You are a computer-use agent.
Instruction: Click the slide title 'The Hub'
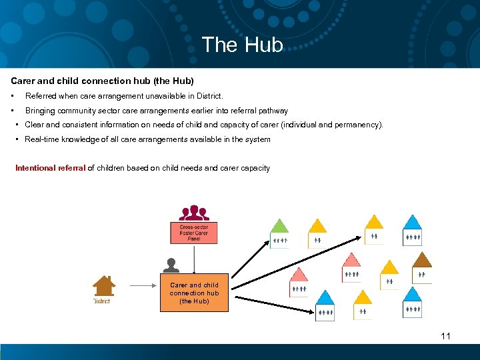pos(242,45)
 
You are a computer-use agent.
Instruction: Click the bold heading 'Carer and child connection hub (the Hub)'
pos(102,81)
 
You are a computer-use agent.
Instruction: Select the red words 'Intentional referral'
pos(51,168)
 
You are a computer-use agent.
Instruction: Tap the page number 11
pos(445,336)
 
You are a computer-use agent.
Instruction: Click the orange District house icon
pos(103,285)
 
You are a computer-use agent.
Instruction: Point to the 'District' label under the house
pos(101,301)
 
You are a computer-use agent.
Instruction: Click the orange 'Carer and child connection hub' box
pos(194,293)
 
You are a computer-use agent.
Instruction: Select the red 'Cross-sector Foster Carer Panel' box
pos(193,233)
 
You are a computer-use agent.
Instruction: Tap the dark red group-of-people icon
pos(194,213)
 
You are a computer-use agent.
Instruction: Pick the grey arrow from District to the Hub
pos(141,285)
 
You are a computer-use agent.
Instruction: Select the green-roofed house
pos(279,233)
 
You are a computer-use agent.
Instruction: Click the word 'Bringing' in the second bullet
pos(40,111)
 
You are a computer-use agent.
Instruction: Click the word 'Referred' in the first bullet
pos(41,97)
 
